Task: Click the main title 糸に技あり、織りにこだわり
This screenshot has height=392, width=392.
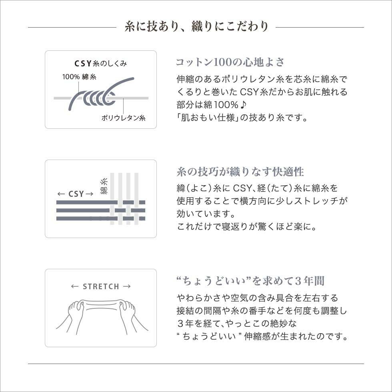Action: [196, 27]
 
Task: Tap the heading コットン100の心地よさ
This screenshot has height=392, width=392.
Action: [230, 62]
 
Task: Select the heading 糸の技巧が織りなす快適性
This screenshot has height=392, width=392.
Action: [240, 172]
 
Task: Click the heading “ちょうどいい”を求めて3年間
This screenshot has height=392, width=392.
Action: [250, 281]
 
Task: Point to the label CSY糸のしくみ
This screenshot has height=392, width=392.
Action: [101, 64]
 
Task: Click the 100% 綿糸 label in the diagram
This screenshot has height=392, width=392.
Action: [79, 77]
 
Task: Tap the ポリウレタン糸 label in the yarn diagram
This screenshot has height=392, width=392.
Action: [123, 118]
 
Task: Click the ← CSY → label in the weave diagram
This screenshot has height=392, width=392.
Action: [75, 194]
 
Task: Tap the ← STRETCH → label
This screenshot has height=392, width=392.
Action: [101, 286]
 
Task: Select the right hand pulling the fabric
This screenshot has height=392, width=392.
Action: [127, 310]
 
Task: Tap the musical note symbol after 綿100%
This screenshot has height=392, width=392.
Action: [244, 105]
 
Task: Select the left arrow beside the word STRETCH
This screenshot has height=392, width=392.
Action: [74, 286]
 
